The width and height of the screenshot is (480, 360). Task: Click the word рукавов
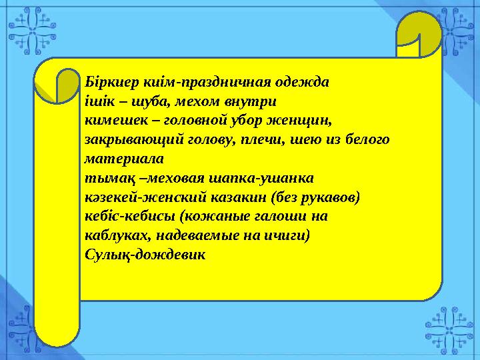coord(327,198)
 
